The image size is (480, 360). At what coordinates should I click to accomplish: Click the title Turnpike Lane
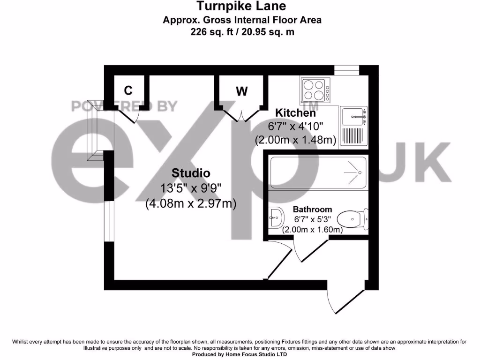point(241,6)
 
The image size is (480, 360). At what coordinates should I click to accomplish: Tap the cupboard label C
point(127,90)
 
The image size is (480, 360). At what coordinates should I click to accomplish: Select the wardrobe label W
point(241,91)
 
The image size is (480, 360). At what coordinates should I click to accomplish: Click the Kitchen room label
point(295,113)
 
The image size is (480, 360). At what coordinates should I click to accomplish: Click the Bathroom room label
point(312,210)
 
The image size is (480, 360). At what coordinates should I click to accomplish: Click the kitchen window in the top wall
point(346,70)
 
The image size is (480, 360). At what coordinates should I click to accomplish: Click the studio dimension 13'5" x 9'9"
point(190,188)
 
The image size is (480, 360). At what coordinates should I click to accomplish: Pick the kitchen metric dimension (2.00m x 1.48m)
point(295,140)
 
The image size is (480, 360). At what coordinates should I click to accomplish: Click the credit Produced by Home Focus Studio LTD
point(240,355)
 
